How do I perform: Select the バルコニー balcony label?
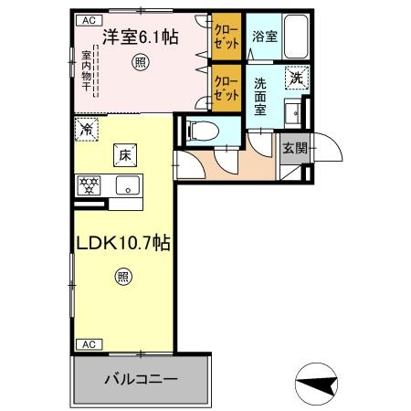click(140, 377)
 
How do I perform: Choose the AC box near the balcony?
click(88, 343)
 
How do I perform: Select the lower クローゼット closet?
click(224, 87)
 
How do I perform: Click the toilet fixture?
click(200, 130)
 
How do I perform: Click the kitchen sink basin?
click(128, 184)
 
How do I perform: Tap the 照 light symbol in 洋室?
click(139, 62)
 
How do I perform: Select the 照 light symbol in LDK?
click(122, 278)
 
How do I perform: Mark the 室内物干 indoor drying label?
click(84, 74)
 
